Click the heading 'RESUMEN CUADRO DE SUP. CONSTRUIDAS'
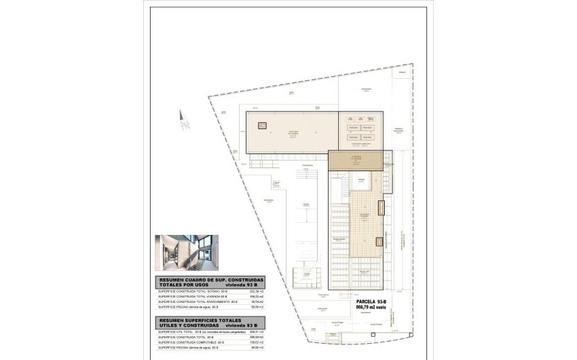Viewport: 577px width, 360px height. pyautogui.click(x=210, y=279)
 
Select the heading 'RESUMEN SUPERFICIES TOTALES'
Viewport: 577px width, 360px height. pyautogui.click(x=202, y=319)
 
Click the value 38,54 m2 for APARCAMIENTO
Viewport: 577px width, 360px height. pyautogui.click(x=256, y=301)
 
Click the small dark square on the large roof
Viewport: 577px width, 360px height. pyautogui.click(x=261, y=125)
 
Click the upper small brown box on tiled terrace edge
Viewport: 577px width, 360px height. pyautogui.click(x=382, y=208)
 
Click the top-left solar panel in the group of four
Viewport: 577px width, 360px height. pyautogui.click(x=352, y=128)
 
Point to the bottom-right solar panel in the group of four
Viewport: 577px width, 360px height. pyautogui.click(x=367, y=137)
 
